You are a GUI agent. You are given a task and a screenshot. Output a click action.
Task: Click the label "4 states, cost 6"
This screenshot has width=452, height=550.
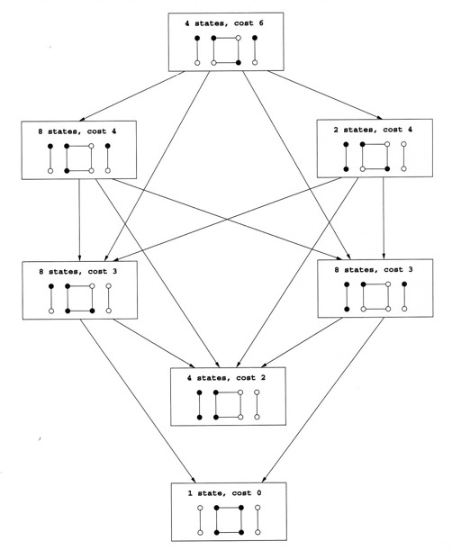[x=224, y=23]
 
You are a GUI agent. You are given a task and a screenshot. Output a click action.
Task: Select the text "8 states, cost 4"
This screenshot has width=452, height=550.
[x=77, y=131]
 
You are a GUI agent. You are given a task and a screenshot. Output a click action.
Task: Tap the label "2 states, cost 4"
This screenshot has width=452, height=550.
[x=373, y=130]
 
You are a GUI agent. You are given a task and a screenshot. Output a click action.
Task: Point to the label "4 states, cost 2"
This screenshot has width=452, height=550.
[x=226, y=378]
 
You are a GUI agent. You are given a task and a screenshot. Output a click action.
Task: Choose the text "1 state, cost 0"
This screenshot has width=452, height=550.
[x=224, y=493]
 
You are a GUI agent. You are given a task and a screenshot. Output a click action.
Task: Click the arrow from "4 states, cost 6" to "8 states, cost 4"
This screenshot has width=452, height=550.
[x=132, y=95]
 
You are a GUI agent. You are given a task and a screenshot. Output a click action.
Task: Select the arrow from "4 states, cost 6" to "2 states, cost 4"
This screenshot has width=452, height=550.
[x=325, y=95]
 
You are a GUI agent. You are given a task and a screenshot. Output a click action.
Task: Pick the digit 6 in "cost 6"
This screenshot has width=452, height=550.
[x=261, y=23]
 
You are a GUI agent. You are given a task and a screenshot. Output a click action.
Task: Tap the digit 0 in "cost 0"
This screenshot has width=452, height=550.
[x=259, y=493]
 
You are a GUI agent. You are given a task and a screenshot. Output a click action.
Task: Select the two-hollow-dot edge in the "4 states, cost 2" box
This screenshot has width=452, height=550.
[x=257, y=404]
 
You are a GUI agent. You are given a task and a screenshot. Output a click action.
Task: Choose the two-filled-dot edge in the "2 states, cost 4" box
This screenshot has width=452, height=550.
[x=346, y=157]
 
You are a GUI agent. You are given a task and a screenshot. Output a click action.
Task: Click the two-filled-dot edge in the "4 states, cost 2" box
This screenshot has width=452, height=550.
[x=199, y=405]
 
